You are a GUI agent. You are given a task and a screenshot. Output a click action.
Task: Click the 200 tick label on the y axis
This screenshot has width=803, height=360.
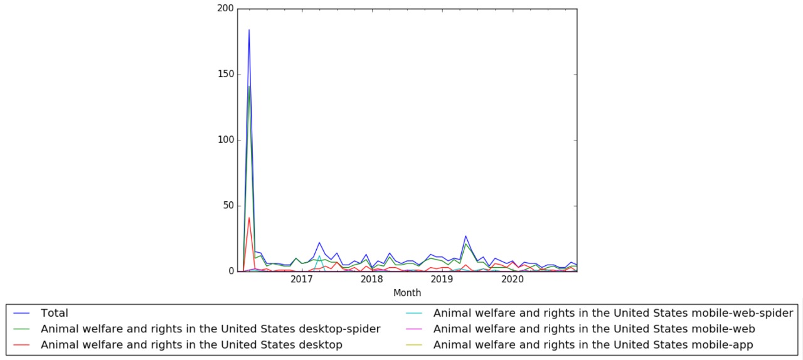[226, 9]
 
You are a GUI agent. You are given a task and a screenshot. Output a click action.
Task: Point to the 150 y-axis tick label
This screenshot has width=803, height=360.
[226, 75]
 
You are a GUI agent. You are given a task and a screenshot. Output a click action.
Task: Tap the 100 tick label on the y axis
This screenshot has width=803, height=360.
[226, 140]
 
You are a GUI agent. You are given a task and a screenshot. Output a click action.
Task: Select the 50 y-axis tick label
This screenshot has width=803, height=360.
[228, 206]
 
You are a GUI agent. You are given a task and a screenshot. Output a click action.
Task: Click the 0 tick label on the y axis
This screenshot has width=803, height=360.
[231, 272]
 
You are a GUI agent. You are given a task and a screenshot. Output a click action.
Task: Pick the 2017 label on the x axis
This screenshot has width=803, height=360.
[302, 280]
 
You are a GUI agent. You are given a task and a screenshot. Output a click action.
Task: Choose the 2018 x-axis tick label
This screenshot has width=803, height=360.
[372, 280]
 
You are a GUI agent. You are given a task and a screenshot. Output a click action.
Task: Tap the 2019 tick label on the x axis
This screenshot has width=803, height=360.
[442, 280]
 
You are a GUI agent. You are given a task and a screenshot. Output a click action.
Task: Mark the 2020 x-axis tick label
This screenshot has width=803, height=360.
[513, 280]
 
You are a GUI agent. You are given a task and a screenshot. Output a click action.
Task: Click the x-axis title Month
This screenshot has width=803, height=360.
[407, 293]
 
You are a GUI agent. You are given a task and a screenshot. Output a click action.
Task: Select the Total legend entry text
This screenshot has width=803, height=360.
[54, 313]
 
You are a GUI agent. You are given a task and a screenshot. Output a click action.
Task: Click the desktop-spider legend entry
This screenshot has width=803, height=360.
[210, 329]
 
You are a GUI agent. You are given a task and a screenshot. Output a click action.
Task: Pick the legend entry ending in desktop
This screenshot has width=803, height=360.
[191, 344]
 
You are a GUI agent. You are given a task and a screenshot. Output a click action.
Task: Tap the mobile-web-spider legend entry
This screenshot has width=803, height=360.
[613, 313]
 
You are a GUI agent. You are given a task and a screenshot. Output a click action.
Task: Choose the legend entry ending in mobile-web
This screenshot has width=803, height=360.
[593, 329]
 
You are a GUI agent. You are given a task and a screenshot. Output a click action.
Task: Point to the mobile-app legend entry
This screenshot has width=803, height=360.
[593, 344]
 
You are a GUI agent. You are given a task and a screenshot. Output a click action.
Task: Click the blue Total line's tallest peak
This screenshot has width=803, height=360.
[249, 29]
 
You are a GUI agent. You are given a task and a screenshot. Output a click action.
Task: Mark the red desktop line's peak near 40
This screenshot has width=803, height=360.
[249, 218]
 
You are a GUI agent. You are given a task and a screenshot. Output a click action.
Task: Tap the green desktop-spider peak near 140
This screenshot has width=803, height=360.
[249, 87]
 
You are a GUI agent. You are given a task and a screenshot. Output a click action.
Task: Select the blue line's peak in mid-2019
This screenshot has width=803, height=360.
[465, 236]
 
